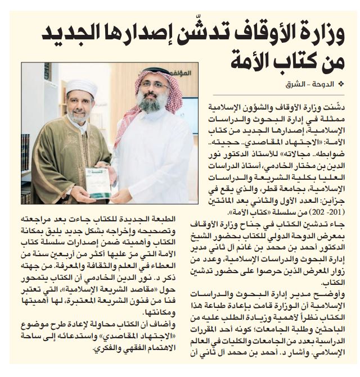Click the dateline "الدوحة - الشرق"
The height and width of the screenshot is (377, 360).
318,84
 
